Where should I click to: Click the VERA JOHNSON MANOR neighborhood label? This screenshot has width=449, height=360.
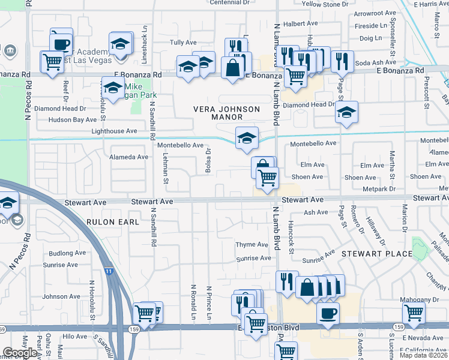(227, 113)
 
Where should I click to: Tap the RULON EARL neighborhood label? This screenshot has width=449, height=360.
(113, 222)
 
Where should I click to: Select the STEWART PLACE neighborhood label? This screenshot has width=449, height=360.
(377, 254)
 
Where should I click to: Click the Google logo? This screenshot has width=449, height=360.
(20, 353)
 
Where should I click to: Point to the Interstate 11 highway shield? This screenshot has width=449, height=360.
(107, 271)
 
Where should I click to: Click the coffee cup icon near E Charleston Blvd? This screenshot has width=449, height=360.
(328, 313)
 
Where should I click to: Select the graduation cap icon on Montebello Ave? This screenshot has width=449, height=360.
(247, 139)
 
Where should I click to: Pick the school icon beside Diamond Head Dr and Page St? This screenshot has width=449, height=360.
(346, 113)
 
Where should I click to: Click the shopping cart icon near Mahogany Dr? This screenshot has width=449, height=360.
(414, 313)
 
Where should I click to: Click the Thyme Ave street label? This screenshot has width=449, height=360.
(252, 245)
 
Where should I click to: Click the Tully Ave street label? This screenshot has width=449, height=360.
(183, 43)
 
